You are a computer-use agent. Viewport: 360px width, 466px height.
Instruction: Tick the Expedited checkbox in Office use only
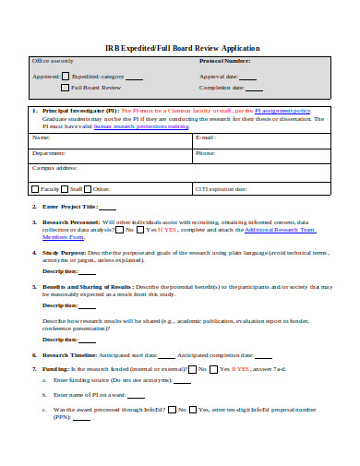66,77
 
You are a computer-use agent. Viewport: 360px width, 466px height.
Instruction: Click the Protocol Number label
224,61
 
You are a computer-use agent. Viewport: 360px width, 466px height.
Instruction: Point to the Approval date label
219,77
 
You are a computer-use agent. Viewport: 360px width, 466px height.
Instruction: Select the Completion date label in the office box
222,88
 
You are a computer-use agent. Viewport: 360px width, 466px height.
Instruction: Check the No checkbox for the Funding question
190,367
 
